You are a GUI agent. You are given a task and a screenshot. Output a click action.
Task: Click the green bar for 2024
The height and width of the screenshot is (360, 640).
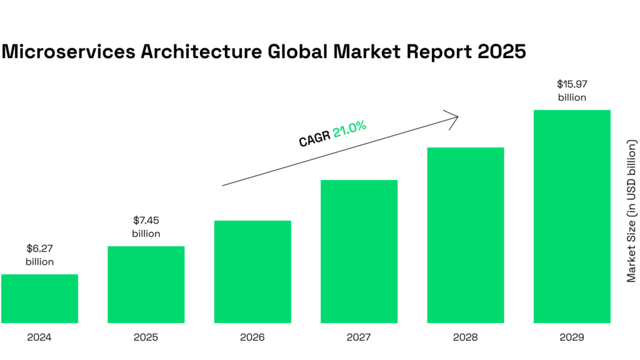[39, 299]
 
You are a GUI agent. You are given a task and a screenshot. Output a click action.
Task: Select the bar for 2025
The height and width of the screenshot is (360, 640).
[146, 285]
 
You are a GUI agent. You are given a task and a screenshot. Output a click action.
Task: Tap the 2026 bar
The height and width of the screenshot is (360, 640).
[252, 272]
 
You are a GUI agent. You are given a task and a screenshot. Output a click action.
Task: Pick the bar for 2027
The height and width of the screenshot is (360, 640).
[359, 252]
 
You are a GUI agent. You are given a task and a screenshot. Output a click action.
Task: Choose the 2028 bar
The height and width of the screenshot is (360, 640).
[465, 236]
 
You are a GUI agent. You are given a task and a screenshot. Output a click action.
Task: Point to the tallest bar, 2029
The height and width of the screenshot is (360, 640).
[571, 217]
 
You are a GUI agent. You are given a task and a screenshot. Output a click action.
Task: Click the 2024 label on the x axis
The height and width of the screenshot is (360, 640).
[39, 337]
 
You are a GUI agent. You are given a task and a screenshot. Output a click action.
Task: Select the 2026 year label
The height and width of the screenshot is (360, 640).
[252, 337]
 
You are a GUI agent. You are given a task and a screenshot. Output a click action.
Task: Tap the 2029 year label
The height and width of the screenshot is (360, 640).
[571, 337]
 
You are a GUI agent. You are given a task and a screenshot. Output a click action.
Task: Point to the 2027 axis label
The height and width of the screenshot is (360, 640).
[359, 337]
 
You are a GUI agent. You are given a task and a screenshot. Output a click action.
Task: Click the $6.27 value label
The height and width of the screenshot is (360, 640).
[39, 249]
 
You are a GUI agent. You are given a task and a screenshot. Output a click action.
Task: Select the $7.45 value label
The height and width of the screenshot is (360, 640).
[146, 221]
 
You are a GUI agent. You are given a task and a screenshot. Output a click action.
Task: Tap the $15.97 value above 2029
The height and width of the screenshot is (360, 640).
[571, 83]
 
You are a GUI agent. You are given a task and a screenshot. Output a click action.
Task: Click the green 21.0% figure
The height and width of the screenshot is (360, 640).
[349, 129]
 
